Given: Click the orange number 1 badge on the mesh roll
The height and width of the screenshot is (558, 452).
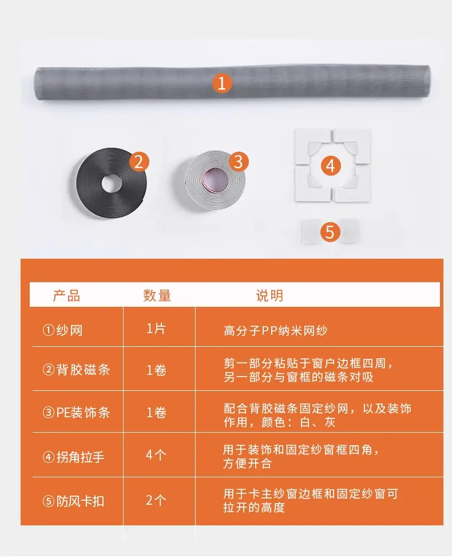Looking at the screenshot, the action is pos(222,84).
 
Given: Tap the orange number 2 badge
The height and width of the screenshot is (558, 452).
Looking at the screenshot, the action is pos(139,163).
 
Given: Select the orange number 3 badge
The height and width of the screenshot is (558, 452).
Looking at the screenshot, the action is pos(239,162).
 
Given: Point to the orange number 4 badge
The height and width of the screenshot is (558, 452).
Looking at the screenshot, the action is pos(331,166).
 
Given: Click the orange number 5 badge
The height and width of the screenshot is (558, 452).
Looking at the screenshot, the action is pos(330,232).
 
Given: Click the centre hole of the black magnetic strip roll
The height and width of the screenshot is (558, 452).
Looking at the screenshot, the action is pos(112,183).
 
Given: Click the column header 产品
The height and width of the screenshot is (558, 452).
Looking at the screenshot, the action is pos(66,295).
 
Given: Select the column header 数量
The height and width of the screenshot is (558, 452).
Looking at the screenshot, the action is pos(157,295).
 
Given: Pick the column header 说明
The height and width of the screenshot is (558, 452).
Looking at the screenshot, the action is pos(269,295).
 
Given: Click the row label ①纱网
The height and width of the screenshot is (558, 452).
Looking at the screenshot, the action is pos(62,330).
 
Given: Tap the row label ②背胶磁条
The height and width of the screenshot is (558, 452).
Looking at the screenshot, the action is pos(76,370).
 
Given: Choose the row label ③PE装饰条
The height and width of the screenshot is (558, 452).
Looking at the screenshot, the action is pos(76,413).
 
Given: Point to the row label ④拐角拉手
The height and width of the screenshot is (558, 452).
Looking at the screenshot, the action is pos(73,457).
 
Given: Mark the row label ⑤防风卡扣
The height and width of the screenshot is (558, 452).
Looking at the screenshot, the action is pos(73,501).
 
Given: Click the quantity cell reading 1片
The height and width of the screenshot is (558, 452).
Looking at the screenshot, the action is pos(156,329).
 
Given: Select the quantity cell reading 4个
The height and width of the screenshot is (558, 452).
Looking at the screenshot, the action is pos(156,455).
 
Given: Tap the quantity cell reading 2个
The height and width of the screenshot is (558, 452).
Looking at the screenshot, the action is pos(156,500).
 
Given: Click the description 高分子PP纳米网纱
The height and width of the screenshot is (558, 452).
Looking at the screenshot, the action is pos(275,331).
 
